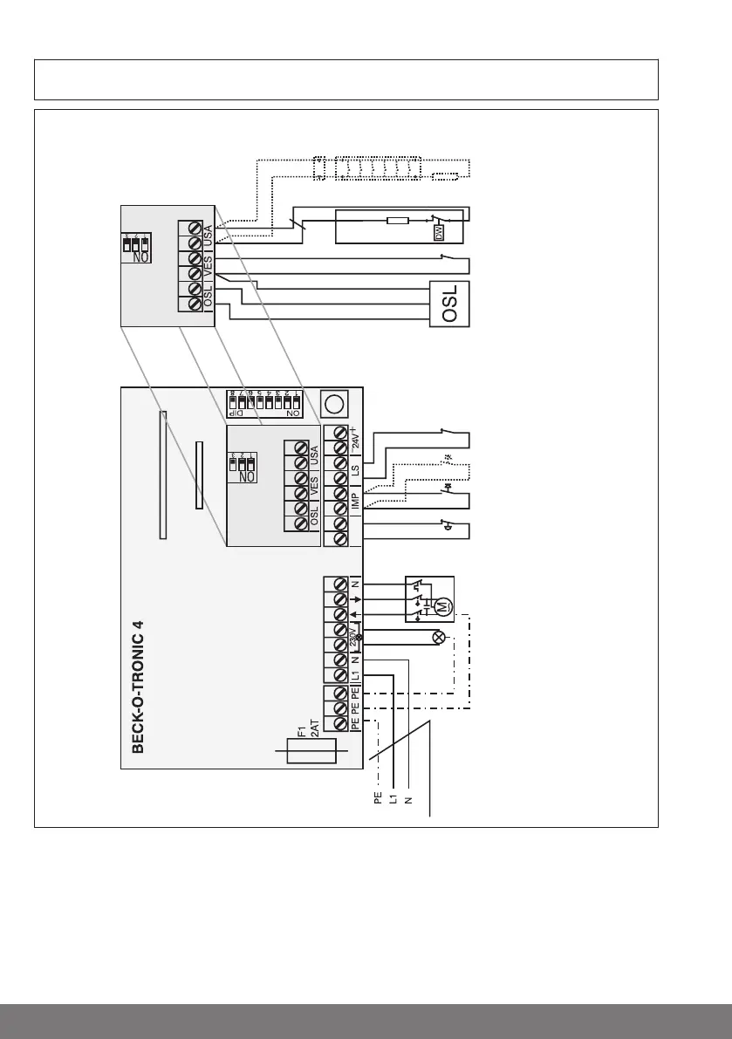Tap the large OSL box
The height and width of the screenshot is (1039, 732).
pyautogui.click(x=450, y=304)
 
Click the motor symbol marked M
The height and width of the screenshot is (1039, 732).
pyautogui.click(x=441, y=605)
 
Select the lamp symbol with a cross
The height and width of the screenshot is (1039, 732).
pyautogui.click(x=439, y=638)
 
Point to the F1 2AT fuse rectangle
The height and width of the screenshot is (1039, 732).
pyautogui.click(x=311, y=753)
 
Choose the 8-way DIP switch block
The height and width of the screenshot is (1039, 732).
pyautogui.click(x=265, y=403)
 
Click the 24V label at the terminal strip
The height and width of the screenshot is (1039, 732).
pyautogui.click(x=355, y=436)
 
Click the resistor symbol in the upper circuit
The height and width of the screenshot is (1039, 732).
pyautogui.click(x=397, y=220)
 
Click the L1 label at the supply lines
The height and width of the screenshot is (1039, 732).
pyautogui.click(x=392, y=796)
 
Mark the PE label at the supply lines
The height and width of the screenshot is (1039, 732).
pyautogui.click(x=377, y=796)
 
